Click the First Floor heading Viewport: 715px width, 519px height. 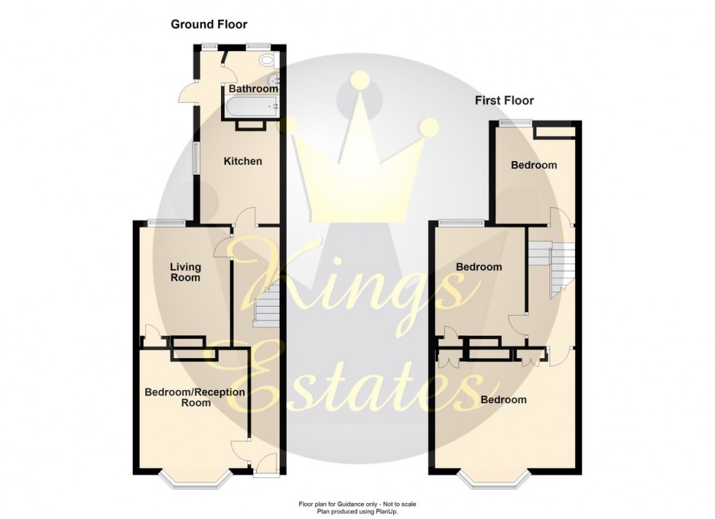(x=504, y=101)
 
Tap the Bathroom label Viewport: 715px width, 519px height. (x=254, y=89)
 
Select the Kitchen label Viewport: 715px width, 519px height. (x=243, y=160)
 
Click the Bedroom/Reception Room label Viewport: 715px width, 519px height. (x=195, y=397)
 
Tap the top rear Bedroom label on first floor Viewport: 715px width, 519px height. (x=533, y=165)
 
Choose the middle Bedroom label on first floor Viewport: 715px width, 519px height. (x=479, y=267)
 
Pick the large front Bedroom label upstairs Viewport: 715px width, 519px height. (x=503, y=399)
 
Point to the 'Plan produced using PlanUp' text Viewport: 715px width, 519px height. (x=357, y=512)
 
